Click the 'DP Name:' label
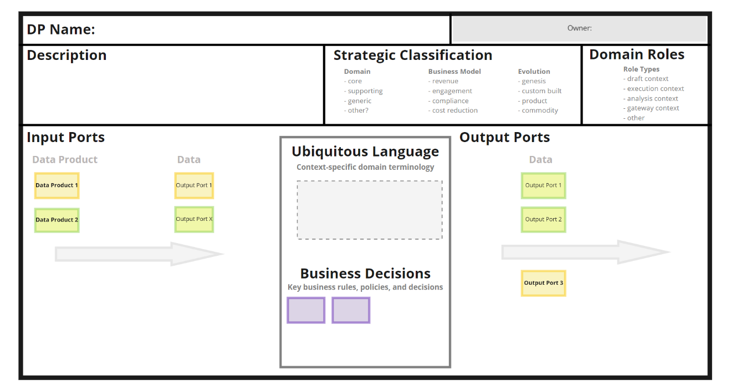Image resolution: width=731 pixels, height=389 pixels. [61, 30]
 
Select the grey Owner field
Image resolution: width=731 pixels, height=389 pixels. [579, 28]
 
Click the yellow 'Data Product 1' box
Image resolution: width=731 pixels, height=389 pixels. [57, 185]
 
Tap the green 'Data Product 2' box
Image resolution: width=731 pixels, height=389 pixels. [57, 220]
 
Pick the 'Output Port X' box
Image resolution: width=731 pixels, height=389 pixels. [194, 219]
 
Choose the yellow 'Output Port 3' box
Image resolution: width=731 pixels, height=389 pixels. [543, 283]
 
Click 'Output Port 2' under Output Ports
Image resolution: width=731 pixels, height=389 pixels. [543, 219]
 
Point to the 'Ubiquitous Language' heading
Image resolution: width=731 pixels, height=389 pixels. [365, 151]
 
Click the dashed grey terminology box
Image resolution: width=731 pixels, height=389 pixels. [370, 210]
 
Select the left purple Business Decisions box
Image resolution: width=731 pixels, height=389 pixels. [306, 310]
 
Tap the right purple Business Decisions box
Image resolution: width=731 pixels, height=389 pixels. [351, 310]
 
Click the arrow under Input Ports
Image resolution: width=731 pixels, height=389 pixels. [139, 254]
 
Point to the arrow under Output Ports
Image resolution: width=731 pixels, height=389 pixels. [585, 252]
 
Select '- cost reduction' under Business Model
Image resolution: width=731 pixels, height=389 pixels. [453, 110]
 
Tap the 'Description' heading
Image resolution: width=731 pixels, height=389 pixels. [67, 55]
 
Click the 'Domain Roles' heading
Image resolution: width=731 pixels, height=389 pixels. [637, 54]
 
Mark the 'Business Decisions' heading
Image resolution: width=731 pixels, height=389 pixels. [365, 274]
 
